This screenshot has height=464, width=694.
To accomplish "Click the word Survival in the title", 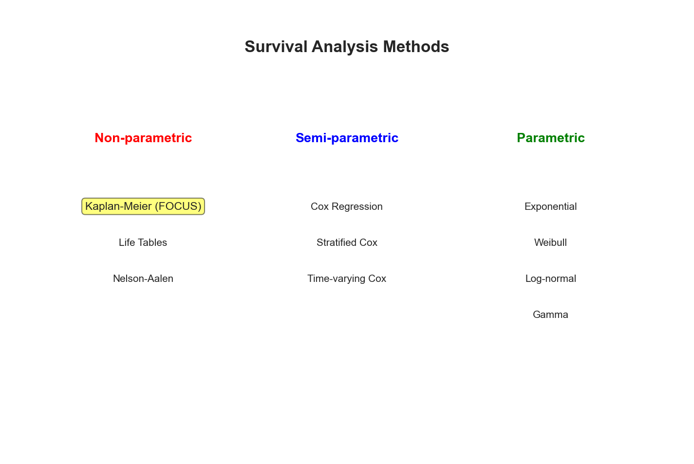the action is coord(276,47).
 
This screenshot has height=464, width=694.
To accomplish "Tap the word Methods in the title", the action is coord(416,47).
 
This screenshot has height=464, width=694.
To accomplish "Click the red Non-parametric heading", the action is coord(143,138).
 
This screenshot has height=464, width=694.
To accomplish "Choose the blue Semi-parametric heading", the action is coord(347,138).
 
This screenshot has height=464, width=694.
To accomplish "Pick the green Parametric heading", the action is coord(550,138).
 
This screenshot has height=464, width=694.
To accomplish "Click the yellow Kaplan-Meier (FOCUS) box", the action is coord(143,206).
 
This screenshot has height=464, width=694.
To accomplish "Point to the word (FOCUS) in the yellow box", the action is coord(178,206).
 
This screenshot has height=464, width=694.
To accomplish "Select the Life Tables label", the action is coord(143,242).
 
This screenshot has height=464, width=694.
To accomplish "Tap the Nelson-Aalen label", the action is coord(143,278).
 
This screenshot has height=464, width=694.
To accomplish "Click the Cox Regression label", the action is coord(347,206).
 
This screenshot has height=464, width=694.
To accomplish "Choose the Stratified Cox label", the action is coord(347,242).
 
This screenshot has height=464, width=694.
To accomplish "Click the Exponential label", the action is coord(550,206).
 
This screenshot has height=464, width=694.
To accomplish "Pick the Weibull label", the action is coord(550,242).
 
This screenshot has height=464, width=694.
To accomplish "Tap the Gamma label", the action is coord(550,315).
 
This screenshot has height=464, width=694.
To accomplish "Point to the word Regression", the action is coord(357,207).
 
